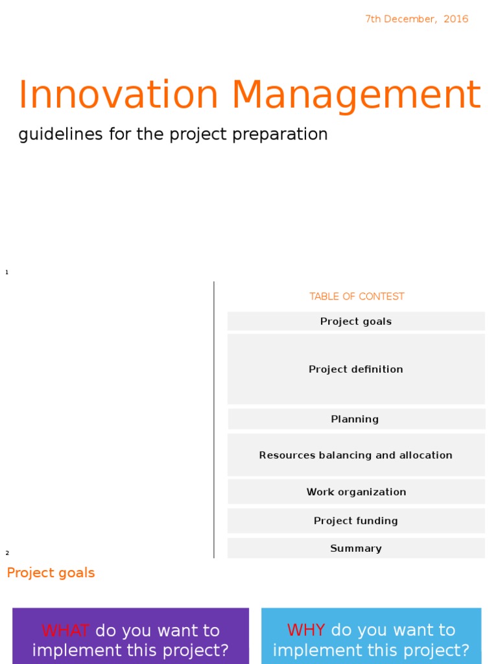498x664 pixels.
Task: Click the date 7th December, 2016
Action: point(416,19)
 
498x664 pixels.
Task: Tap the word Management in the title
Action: point(356,95)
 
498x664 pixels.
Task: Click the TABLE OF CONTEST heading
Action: point(357,296)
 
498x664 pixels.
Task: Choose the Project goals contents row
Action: point(356,322)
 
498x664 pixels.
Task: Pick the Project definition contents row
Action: point(356,370)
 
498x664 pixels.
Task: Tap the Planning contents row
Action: point(355,420)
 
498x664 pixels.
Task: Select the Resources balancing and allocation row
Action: point(356,455)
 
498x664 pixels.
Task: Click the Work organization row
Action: point(356,492)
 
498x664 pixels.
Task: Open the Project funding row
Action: point(356,521)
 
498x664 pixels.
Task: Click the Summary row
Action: point(356,549)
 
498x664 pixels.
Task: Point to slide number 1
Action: point(6,272)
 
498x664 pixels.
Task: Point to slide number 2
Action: point(7,553)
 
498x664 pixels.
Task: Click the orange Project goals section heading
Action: point(51,573)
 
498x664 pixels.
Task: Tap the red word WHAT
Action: point(65,631)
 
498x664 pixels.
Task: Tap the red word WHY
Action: point(306,630)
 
